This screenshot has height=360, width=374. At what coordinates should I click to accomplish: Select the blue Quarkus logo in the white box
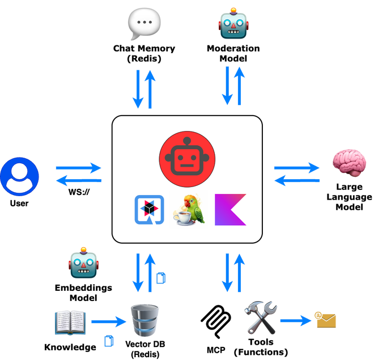[x=149, y=210]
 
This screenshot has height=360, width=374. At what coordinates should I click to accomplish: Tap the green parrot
[x=195, y=209]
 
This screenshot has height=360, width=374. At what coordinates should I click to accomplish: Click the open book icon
[x=70, y=321]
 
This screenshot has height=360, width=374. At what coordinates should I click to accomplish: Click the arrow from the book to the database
[x=108, y=322]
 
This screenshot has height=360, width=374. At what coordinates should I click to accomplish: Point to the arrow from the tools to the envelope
[x=296, y=321]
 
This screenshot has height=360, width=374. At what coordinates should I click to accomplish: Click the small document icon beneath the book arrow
[x=109, y=341]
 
